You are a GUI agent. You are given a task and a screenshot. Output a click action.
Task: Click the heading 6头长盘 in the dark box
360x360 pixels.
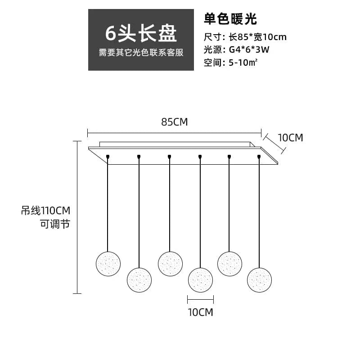(x=141, y=33)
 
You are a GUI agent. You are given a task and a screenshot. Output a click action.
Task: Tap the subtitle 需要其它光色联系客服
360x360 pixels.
(x=141, y=53)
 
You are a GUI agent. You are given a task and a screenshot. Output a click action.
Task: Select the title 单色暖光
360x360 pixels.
(x=230, y=19)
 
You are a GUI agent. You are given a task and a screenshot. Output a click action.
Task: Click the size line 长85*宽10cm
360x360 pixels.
(x=257, y=37)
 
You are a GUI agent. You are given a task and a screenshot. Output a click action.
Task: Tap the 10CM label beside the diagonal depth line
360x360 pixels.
(x=290, y=137)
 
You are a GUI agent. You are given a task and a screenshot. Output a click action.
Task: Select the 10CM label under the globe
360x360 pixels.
(x=200, y=312)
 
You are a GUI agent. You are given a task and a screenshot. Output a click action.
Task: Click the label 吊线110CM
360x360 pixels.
(x=46, y=210)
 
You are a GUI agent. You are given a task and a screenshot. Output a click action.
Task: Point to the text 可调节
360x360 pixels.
(x=56, y=224)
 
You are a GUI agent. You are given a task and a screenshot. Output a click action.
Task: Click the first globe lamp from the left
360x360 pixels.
(x=108, y=264)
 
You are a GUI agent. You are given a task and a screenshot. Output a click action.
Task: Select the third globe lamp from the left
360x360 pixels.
(x=170, y=264)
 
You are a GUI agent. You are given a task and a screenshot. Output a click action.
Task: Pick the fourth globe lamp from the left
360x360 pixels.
(x=200, y=279)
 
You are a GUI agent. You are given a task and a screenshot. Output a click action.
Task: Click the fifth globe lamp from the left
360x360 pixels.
(x=230, y=264)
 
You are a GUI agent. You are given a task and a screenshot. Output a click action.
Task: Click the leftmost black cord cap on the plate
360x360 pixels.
(x=108, y=157)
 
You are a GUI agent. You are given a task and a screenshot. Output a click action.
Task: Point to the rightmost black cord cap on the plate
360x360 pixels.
(x=259, y=157)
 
